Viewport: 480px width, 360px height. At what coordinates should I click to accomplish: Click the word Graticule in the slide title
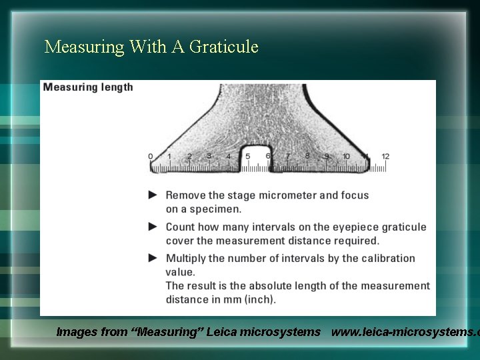[224, 47]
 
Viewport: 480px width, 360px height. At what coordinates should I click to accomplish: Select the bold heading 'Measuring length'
[88, 87]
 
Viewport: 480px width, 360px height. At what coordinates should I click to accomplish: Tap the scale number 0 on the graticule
[150, 157]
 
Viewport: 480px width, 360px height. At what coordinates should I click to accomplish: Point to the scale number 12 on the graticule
[385, 157]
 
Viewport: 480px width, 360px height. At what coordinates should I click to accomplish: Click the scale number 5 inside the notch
[248, 157]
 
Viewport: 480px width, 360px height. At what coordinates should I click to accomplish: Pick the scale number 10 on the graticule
[346, 157]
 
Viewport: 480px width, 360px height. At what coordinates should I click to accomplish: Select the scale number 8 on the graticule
[307, 157]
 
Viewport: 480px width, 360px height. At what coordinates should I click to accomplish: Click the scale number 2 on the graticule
[189, 157]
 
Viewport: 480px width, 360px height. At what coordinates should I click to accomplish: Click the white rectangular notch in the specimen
[255, 157]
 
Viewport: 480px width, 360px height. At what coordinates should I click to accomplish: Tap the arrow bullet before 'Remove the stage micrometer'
[153, 195]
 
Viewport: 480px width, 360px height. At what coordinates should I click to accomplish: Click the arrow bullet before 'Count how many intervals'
[153, 227]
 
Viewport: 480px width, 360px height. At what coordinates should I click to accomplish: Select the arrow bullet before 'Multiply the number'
[153, 258]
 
